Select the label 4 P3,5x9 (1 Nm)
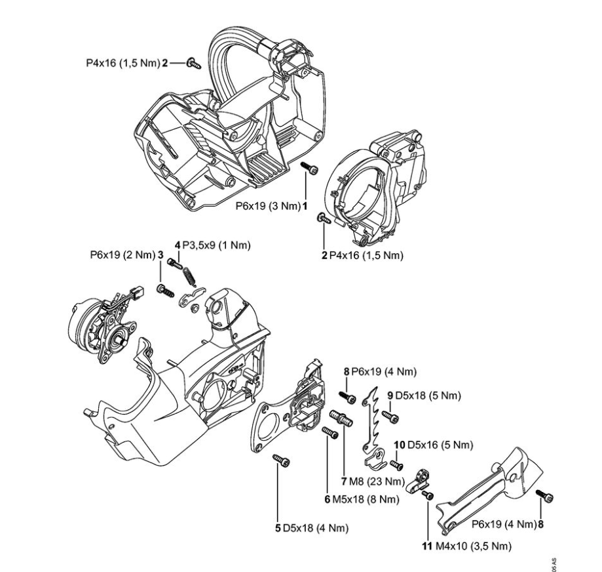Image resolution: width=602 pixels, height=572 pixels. [x=213, y=246]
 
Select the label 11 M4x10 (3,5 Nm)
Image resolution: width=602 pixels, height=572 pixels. [x=465, y=546]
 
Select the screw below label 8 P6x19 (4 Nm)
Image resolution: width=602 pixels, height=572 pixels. [x=348, y=398]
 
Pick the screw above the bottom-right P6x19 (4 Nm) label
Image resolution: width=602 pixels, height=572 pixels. [x=543, y=495]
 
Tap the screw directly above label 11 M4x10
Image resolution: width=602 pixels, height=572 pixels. [x=428, y=495]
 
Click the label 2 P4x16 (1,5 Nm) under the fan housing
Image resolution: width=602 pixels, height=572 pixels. [x=362, y=255]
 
